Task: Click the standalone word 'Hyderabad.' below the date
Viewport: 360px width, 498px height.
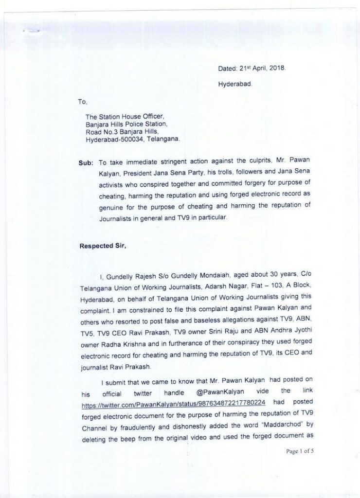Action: (235, 84)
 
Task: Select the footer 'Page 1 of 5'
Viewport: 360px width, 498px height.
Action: (300, 452)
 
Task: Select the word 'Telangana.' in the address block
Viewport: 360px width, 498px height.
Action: (163, 139)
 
